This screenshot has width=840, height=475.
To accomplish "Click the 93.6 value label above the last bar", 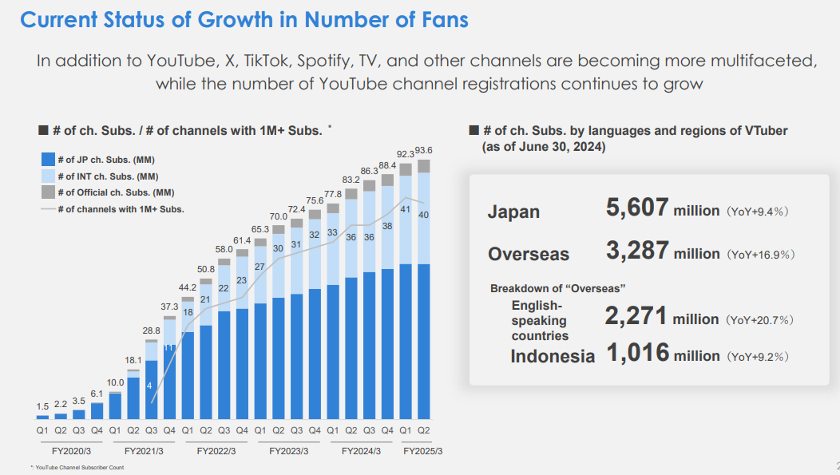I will (424, 150).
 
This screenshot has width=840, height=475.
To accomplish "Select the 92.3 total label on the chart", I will (406, 153).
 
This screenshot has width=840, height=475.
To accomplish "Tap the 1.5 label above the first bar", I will (42, 407).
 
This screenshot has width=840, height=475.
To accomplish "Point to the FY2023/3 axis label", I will (288, 452).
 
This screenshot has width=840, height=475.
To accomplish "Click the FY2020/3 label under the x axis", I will (70, 452).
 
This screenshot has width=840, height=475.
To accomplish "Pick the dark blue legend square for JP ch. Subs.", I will (46, 160).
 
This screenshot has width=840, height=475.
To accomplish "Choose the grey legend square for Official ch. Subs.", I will (46, 192).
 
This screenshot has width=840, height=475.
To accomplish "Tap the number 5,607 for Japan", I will (636, 208).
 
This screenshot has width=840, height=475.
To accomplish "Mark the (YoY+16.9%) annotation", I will (759, 255).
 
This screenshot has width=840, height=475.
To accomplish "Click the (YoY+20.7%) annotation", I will (759, 320).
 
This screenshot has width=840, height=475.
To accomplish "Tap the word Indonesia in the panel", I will (553, 356).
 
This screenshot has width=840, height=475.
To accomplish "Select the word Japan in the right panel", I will (513, 212).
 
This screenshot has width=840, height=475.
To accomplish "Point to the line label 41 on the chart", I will (406, 209).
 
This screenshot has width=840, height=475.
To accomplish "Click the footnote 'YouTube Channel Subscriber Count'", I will (80, 468).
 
